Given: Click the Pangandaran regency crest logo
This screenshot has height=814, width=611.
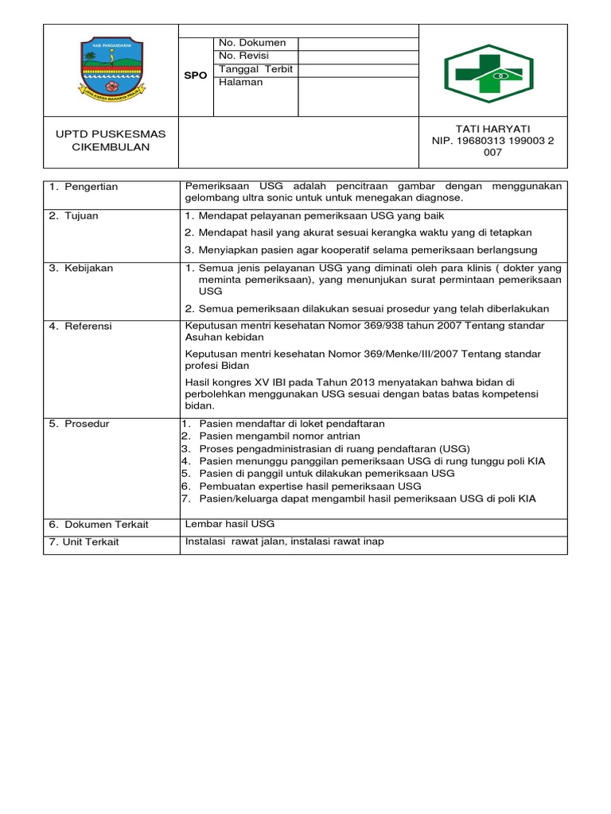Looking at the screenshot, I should coord(111,69).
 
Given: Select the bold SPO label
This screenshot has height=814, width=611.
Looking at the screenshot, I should coord(196,76).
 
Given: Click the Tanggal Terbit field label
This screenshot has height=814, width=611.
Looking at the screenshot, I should coord(255,69).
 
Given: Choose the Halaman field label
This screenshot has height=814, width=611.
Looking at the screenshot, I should coord(242,82).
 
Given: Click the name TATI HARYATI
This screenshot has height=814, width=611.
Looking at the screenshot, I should coord(492,129).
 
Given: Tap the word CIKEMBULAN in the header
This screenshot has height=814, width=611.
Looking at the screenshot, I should coord(111,147).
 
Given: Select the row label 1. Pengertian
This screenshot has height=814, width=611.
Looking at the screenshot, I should coord(84,187).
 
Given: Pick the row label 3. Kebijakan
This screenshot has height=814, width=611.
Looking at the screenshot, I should coord(81,268).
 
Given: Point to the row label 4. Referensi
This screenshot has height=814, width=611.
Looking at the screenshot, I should coord(80,326).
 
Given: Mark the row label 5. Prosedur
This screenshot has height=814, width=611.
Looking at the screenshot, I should coord(80,424).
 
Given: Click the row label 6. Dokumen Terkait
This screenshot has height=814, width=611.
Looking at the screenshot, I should coord(99,525).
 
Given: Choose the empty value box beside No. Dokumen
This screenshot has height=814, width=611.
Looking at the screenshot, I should coord(357,43).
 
